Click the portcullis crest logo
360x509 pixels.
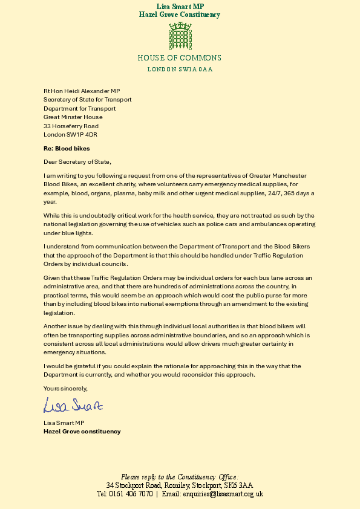point(179,37)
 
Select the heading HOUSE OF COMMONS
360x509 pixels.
point(180,58)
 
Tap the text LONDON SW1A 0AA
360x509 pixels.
point(180,69)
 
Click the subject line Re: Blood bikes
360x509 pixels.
point(66,147)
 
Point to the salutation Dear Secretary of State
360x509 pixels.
point(77,161)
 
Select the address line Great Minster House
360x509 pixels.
point(73,117)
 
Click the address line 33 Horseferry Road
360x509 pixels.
point(71,126)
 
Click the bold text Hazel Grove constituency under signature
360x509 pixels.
point(82,432)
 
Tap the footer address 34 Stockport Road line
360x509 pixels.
point(180,485)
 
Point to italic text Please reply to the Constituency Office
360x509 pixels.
point(180,477)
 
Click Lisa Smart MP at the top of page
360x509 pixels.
point(180,6)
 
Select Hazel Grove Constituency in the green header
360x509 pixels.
point(180,15)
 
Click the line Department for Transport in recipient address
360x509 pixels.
point(79,109)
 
